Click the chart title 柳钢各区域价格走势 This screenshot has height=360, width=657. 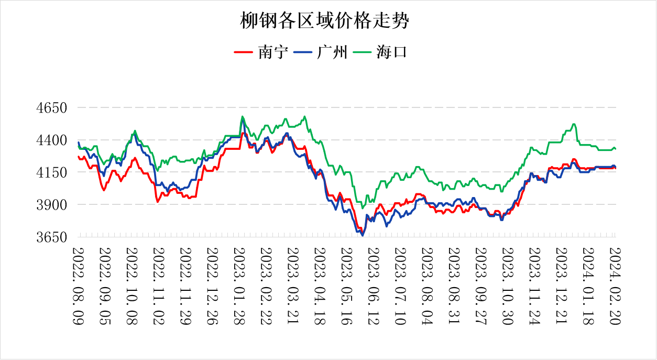[x=324, y=20]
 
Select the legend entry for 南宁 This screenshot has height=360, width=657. [x=261, y=52]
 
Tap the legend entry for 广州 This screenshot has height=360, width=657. [x=321, y=52]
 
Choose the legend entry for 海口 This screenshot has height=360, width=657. [x=380, y=52]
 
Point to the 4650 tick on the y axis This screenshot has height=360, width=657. [x=52, y=107]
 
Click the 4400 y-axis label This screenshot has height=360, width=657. [x=52, y=140]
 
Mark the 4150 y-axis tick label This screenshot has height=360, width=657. [x=52, y=172]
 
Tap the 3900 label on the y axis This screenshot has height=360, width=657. [x=52, y=205]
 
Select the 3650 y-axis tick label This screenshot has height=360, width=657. [x=52, y=237]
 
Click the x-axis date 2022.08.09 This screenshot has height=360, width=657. [x=78, y=286]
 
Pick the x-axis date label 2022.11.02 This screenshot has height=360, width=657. [x=159, y=286]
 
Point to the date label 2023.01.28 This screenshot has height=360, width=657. [x=239, y=286]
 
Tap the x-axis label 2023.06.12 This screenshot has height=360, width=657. [x=374, y=286]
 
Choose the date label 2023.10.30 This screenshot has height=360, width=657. [x=508, y=286]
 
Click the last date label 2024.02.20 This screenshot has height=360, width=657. [x=615, y=286]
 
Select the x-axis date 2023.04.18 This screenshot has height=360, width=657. [x=320, y=286]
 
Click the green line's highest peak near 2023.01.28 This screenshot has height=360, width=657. [x=242, y=116]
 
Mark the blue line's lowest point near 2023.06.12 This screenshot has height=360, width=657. [x=363, y=235]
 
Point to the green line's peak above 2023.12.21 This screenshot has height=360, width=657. [x=574, y=124]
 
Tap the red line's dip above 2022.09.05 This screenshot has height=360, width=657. [x=104, y=190]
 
